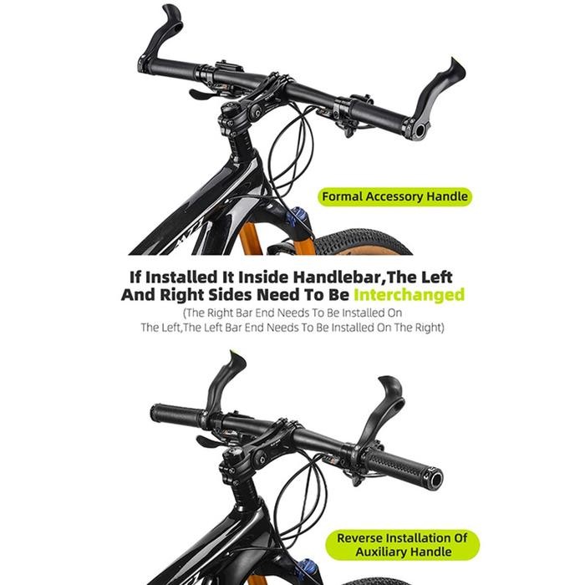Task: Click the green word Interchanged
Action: [x=409, y=295]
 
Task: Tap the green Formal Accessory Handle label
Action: [x=394, y=197]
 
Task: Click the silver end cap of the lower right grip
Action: [x=435, y=479]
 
